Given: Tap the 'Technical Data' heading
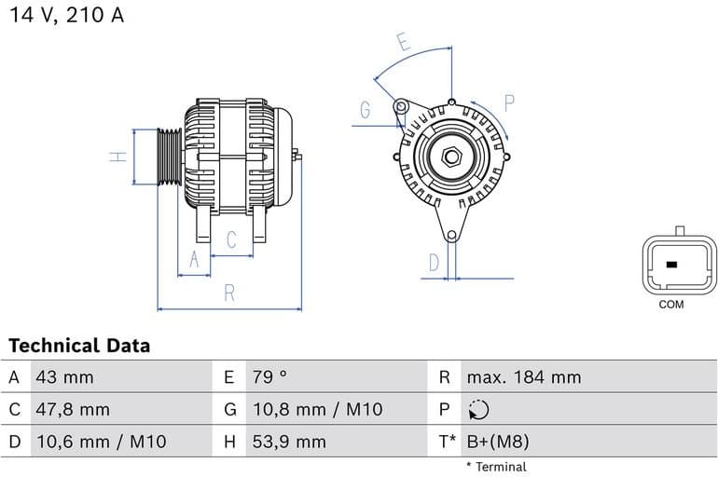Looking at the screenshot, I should (79, 346).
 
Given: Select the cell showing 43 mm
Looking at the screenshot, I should (64, 377).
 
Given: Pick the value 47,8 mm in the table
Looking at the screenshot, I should (73, 409).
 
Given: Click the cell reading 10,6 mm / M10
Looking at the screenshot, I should (101, 442).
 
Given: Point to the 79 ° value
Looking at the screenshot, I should (269, 377).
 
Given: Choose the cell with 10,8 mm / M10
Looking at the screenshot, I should (317, 409).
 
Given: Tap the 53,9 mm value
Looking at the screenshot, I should (289, 442).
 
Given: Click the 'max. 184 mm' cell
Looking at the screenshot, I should (523, 377).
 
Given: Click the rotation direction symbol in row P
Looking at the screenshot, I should (478, 410).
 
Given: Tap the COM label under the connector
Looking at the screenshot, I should (670, 305).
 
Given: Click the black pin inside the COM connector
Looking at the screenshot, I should (671, 265).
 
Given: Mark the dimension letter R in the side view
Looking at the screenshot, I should (229, 293).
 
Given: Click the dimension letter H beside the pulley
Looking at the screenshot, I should (117, 157).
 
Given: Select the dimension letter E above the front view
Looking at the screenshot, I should (403, 42).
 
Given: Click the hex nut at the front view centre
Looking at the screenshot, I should (451, 156).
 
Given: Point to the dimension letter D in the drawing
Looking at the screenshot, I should (434, 263).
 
